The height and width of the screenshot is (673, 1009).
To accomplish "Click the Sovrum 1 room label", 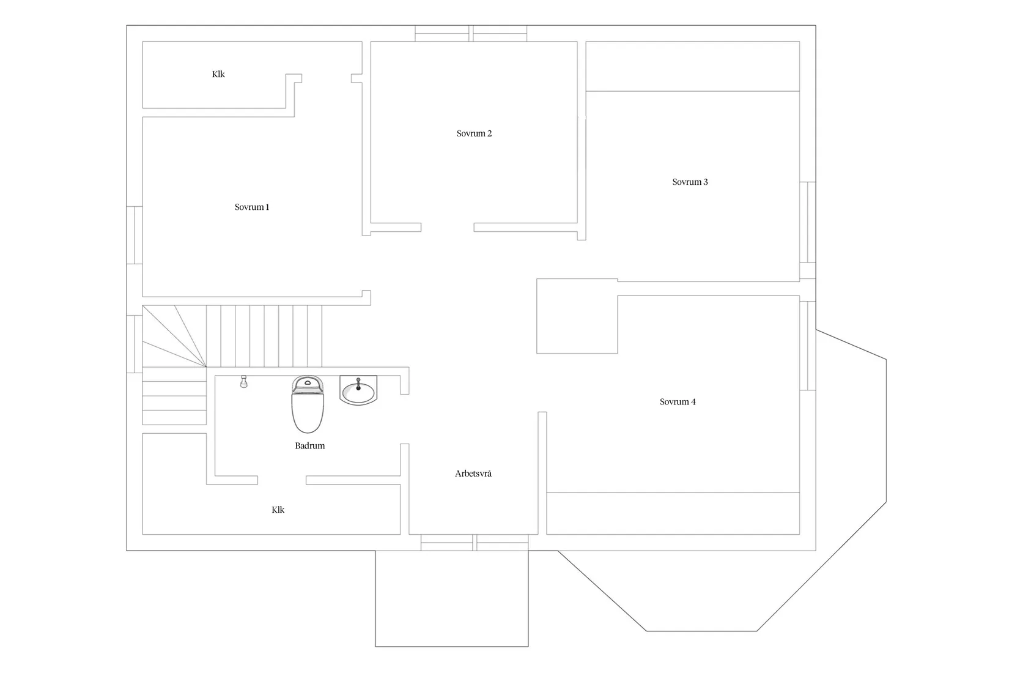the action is (252, 207).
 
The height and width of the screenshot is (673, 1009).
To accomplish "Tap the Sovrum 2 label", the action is (474, 133).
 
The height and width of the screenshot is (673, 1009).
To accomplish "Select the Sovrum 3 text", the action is (690, 182).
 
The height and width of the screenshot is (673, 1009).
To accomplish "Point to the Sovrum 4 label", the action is (678, 401).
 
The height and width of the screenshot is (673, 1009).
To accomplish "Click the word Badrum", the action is (310, 446).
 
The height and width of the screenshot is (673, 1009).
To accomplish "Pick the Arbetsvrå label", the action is (473, 474).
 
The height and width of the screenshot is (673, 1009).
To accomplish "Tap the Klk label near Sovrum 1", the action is (218, 75).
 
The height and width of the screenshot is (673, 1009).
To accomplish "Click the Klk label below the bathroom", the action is (278, 510).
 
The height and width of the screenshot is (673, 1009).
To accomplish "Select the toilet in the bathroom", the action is (308, 404).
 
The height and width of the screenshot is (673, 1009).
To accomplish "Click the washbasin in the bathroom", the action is (358, 390).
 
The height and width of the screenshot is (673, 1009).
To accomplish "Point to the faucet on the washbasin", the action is (358, 384).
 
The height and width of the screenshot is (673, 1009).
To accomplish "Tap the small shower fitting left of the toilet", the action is (244, 381).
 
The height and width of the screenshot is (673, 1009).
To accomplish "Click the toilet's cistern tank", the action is (308, 384).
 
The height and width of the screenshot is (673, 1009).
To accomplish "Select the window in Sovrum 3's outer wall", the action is (808, 222).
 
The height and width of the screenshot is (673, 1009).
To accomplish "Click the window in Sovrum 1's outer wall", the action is (135, 236).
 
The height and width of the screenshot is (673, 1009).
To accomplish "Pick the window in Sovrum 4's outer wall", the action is (808, 346).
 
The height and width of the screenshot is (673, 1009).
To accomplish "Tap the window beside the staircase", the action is (135, 344).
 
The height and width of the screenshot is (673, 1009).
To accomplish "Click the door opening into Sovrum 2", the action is (447, 227).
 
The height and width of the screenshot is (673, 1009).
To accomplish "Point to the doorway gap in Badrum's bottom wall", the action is (282, 480).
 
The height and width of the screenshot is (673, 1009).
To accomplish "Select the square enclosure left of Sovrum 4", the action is (577, 316).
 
